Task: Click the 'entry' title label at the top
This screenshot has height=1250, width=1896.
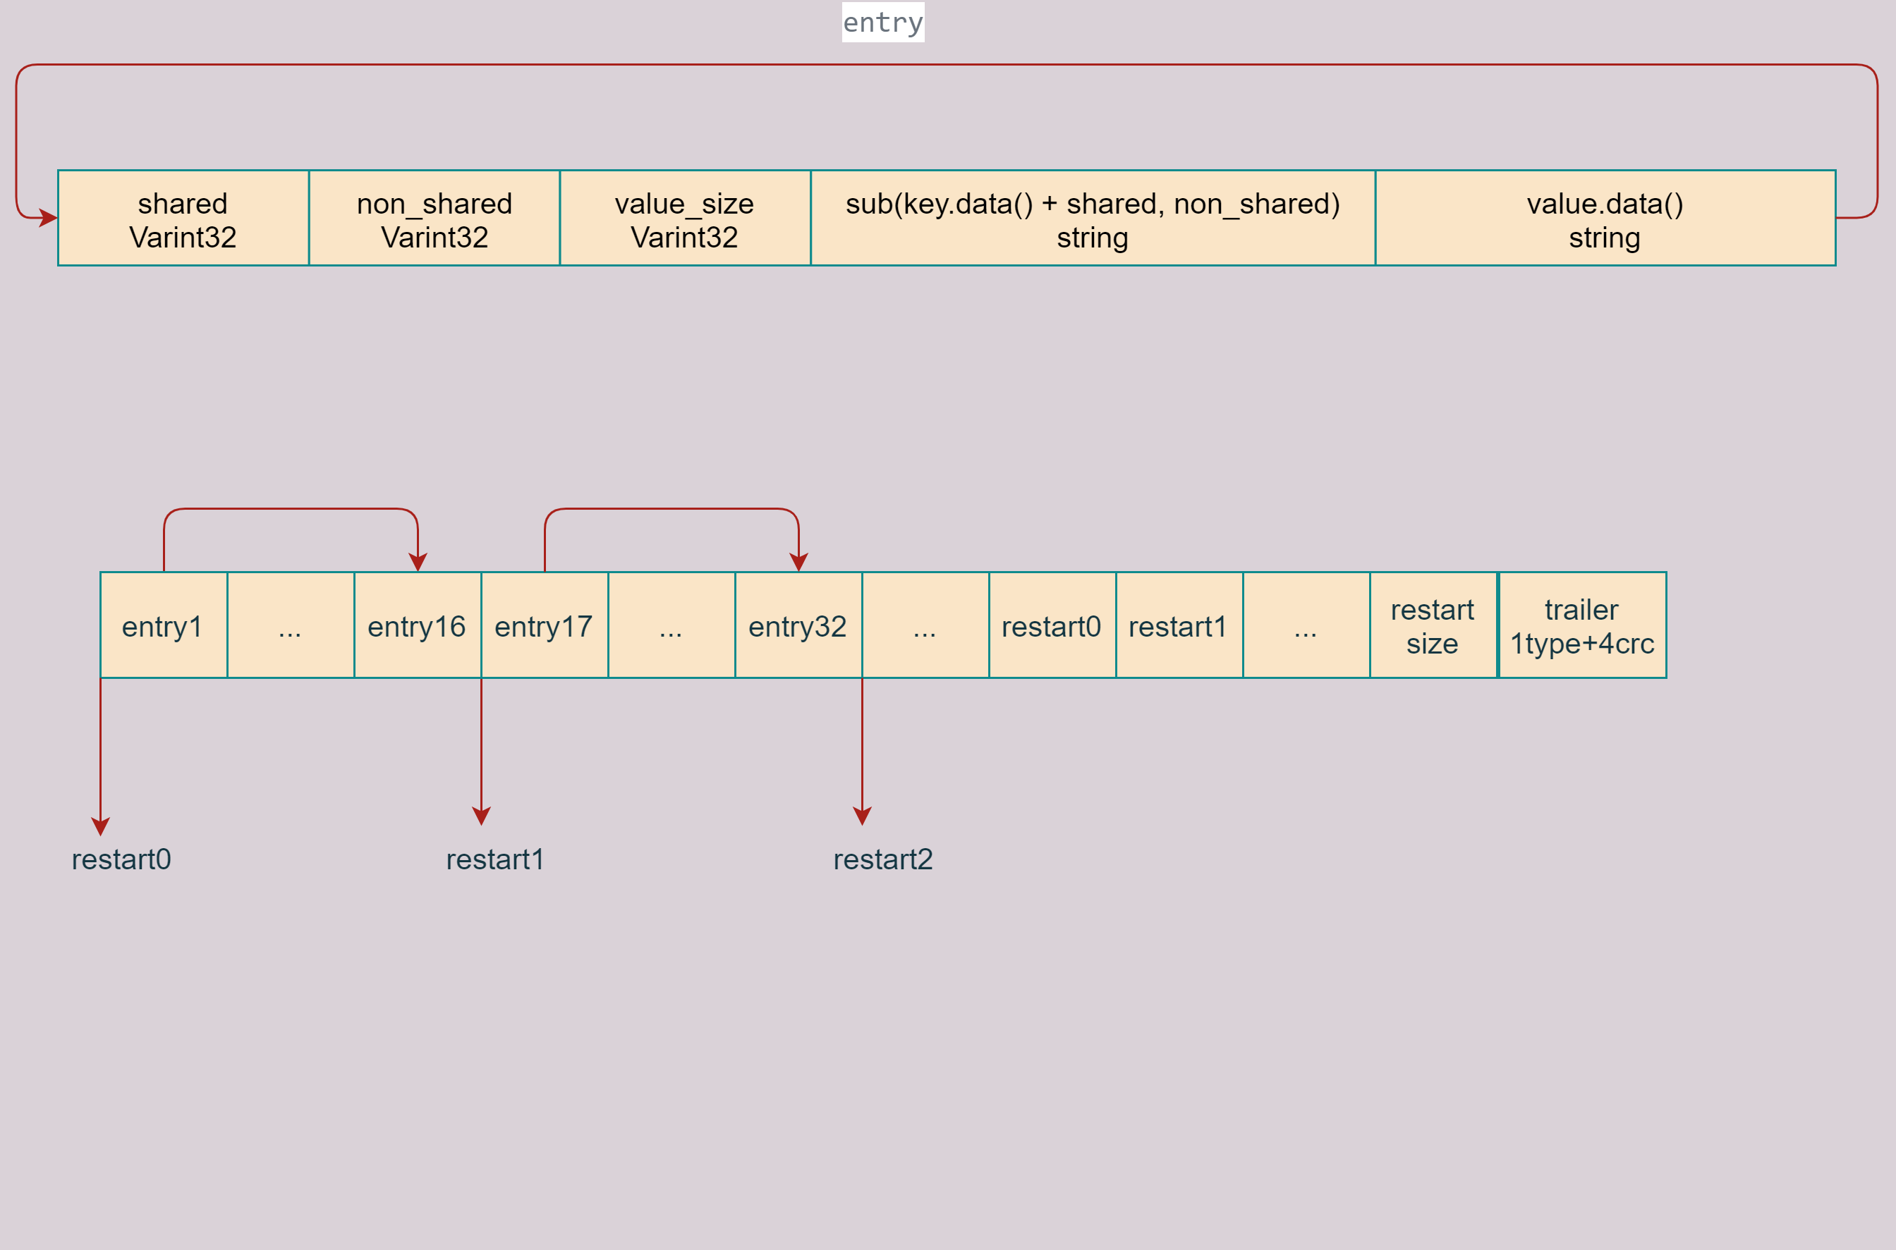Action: coord(883,23)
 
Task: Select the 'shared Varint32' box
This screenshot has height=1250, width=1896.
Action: coord(183,219)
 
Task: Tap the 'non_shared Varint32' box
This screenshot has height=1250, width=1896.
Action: coord(434,219)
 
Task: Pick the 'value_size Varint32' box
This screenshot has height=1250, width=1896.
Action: coord(684,219)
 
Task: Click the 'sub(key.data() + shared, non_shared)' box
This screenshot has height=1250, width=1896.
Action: coord(1092,219)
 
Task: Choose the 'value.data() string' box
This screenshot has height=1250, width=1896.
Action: coord(1605,219)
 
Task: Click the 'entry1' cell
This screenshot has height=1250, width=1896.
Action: coord(163,626)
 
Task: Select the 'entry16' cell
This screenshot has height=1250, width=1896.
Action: coord(417,626)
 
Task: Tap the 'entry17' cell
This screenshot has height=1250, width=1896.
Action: coord(544,626)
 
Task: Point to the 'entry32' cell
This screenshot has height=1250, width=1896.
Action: coord(798,626)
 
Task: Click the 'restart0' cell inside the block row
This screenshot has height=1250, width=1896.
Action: coord(1051,626)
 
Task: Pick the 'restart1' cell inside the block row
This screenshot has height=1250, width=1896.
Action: coord(1178,626)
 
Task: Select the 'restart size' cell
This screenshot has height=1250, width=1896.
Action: coord(1433,626)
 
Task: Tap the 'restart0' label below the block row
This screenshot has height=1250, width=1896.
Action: coord(121,859)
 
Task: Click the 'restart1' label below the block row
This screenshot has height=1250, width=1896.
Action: coord(495,859)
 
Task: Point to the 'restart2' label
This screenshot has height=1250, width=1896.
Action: coord(883,859)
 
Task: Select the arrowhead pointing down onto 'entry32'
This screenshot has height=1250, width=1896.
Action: coord(798,563)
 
